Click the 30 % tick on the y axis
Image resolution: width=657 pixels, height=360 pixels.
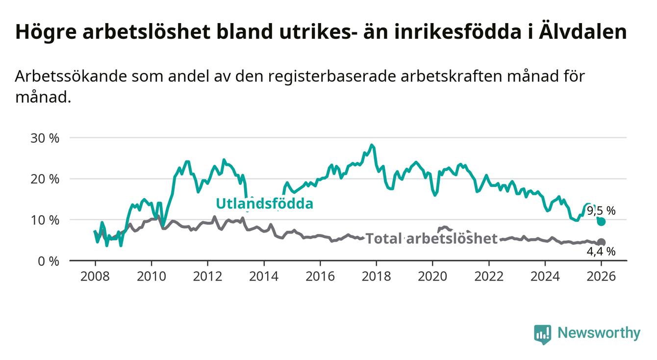(x=45, y=138)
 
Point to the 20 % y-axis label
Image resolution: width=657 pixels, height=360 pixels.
(x=45, y=179)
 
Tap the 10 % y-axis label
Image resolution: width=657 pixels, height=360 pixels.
(x=45, y=220)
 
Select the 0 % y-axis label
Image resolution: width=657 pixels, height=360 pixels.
(x=48, y=261)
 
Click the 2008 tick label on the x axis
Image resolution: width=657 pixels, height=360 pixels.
(x=95, y=277)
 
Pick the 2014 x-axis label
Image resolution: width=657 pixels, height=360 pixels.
(x=264, y=277)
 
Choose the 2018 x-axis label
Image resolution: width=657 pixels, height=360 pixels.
(x=376, y=277)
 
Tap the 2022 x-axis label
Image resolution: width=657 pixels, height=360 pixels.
(x=489, y=277)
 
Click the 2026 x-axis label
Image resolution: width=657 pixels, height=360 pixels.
(x=601, y=277)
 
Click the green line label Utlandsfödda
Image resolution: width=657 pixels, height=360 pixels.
(x=264, y=204)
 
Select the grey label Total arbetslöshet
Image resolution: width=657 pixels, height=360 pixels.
(x=432, y=239)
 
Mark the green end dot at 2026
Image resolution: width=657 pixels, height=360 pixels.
(x=602, y=222)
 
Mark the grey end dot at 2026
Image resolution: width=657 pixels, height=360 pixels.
(x=602, y=242)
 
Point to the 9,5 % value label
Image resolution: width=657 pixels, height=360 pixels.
(x=601, y=211)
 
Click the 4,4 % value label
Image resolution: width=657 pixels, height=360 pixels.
(x=601, y=252)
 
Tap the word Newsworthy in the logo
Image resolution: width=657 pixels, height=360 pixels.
(x=599, y=334)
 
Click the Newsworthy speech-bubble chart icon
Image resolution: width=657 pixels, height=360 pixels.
(x=542, y=334)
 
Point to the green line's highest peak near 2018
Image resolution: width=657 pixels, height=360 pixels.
(x=372, y=145)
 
